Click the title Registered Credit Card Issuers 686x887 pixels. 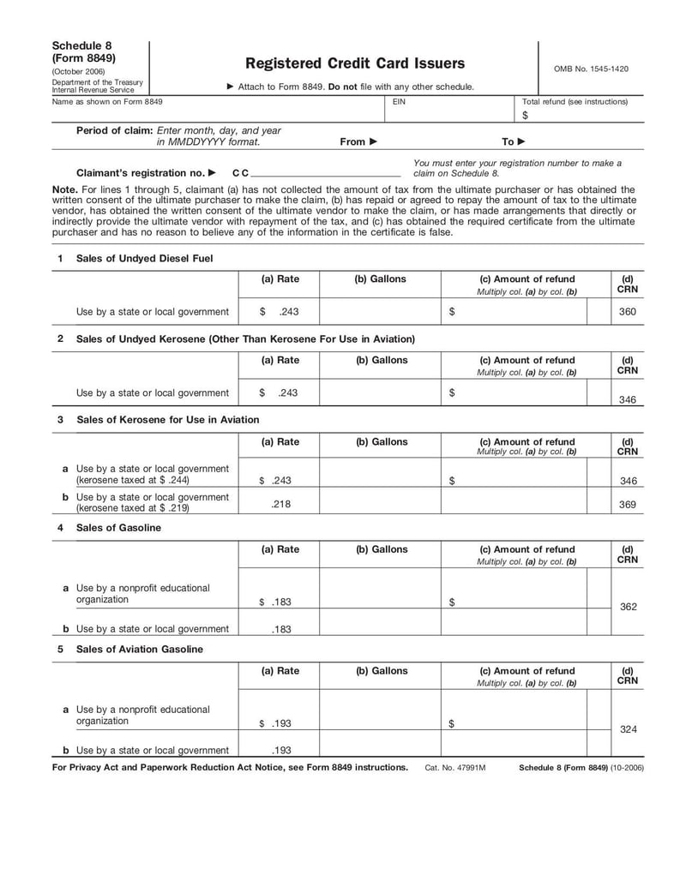tap(355, 63)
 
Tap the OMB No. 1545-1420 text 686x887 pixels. tap(591, 69)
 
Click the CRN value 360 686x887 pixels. tap(628, 312)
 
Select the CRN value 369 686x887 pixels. tap(628, 505)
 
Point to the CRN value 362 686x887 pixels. tap(628, 607)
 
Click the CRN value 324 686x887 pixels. tap(628, 728)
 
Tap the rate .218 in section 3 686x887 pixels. tap(280, 505)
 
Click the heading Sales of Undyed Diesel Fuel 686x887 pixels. tap(144, 258)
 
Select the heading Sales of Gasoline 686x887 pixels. tap(118, 528)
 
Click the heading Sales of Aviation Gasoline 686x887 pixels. tap(140, 650)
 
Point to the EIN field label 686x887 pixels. tap(399, 102)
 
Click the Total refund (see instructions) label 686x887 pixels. tap(575, 102)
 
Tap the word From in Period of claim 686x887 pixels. tap(352, 142)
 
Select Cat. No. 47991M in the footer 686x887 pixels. tap(454, 768)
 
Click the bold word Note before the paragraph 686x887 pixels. tap(64, 190)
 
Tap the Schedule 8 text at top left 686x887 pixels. tap(81, 45)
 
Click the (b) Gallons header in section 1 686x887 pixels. tap(380, 279)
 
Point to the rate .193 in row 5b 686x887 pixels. tap(281, 750)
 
